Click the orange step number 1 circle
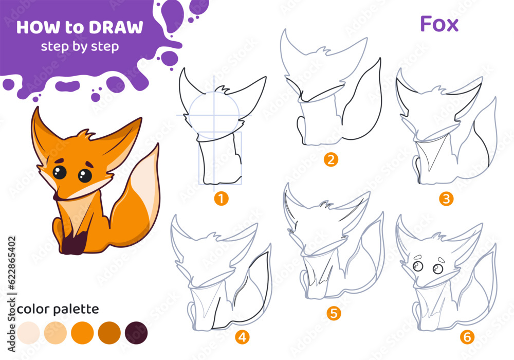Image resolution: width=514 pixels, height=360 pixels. click(x=221, y=199)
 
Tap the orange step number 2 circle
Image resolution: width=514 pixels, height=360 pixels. click(x=331, y=159)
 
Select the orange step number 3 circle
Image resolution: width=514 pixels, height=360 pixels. click(x=446, y=199)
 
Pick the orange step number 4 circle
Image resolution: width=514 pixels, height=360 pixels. click(x=242, y=337)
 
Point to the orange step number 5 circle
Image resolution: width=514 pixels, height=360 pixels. click(x=334, y=313)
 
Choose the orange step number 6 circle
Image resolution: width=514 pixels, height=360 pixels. click(x=467, y=337)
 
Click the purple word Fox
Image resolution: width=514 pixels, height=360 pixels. click(x=439, y=24)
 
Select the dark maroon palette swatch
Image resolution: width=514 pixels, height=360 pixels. click(x=136, y=333)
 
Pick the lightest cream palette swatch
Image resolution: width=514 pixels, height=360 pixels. click(x=28, y=333)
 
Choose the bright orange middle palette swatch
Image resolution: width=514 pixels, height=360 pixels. click(x=82, y=333)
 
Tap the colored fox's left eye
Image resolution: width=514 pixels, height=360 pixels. click(x=60, y=172)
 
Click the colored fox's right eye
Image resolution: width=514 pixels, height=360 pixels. click(x=85, y=175)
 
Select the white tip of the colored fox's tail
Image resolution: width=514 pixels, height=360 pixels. click(x=147, y=184)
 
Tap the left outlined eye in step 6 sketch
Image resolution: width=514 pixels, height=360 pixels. click(x=417, y=266)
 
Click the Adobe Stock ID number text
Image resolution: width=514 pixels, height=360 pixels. click(x=11, y=263)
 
